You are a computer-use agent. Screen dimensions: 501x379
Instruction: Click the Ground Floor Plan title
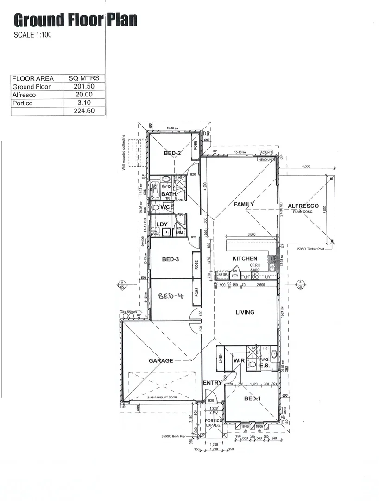point(76,20)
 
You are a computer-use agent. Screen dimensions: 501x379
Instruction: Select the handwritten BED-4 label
point(171,295)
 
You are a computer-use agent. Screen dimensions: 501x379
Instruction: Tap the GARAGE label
point(161,360)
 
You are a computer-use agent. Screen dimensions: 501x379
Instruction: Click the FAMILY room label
point(244,204)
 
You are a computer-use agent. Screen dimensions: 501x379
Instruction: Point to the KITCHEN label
point(245,258)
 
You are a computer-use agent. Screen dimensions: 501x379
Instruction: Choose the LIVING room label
point(245,312)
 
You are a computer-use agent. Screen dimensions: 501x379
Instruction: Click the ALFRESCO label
point(303,206)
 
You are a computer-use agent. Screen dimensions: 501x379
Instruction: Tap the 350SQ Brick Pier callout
point(174,437)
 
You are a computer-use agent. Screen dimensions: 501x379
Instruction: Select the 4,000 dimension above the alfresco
point(305,166)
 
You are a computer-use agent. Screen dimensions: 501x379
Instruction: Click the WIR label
point(239,360)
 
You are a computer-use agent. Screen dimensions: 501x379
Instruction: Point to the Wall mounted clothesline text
point(124,153)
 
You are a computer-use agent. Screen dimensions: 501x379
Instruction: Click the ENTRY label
point(213,383)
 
